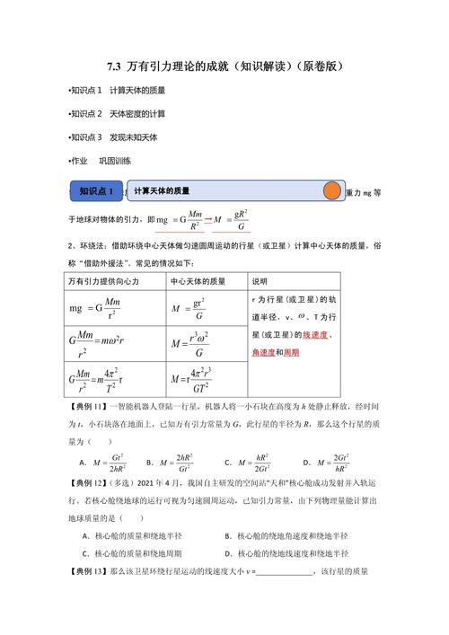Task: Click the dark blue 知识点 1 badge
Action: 96,191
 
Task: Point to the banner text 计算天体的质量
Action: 162,191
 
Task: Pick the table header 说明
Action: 260,281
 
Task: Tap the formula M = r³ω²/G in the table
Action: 191,342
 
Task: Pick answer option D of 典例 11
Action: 328,463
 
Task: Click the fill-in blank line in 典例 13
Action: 284,571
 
